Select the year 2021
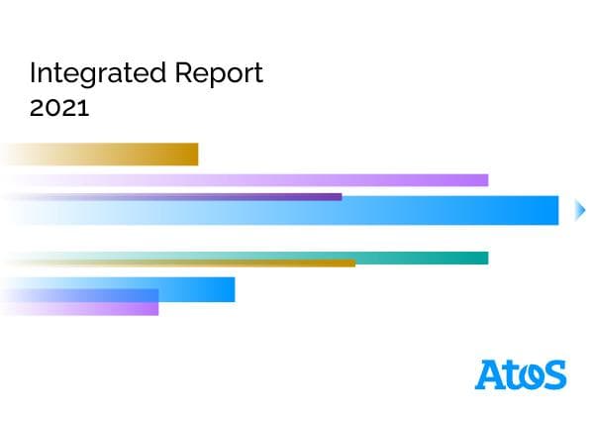coord(59,108)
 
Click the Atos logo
coord(521,374)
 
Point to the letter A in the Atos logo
coord(490,374)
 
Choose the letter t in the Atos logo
coord(511,374)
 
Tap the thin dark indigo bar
coord(247,197)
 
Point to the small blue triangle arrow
coord(581,210)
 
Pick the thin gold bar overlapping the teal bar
coord(247,263)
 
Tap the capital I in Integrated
coord(33,74)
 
